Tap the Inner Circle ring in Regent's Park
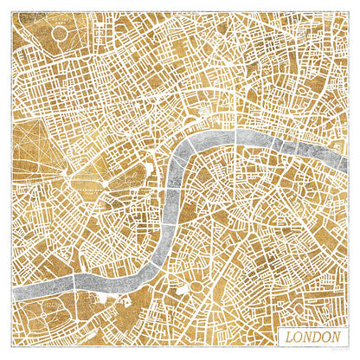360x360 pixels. click(60, 34)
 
